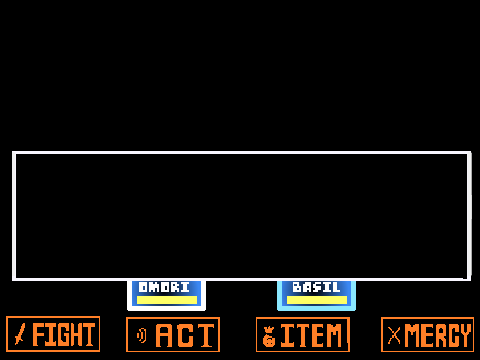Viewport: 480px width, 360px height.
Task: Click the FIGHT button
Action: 53,334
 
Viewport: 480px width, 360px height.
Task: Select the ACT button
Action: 173,335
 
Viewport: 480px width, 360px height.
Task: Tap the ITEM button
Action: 303,335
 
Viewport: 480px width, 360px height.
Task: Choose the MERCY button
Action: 427,335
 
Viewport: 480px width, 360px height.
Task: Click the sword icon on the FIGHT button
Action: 20,335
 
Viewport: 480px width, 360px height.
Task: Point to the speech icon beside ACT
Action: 142,335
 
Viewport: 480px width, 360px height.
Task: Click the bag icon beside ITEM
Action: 269,337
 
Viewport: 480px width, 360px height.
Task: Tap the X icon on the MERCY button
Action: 394,335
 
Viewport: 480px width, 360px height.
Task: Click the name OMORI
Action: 164,287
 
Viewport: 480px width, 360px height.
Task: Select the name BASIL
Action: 316,287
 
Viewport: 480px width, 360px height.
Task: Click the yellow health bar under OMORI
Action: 167,300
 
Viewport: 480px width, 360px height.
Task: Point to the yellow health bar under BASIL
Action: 317,300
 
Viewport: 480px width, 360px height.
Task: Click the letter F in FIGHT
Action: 39,335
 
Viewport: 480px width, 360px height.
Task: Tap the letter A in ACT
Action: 164,336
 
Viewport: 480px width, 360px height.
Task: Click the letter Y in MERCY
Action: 465,336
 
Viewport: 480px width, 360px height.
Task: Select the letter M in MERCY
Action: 411,336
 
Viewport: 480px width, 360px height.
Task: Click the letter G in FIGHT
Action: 62,335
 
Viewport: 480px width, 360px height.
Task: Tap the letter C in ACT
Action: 184,336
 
